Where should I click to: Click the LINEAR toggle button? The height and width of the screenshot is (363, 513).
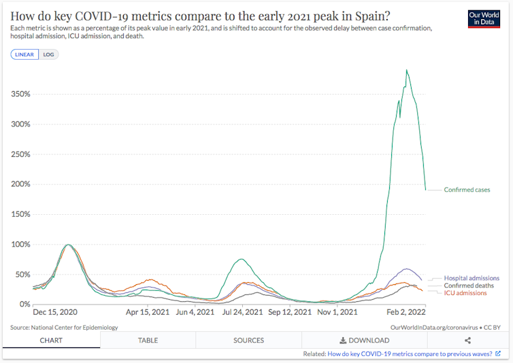coord(24,54)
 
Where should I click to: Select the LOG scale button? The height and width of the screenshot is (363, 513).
coord(48,54)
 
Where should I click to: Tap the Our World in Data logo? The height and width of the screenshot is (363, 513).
coord(484,19)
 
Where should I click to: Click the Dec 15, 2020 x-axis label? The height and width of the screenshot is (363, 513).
coord(56,313)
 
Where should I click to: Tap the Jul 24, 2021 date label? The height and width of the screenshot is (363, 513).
coord(242,313)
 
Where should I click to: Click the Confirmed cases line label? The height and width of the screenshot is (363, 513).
coord(467,190)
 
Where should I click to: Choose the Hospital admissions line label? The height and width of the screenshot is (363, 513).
coord(471,278)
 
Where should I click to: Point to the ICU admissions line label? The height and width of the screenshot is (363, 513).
coord(466,293)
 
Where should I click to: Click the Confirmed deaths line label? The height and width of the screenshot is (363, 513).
coord(469,286)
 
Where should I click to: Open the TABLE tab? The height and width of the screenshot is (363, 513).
coord(148,341)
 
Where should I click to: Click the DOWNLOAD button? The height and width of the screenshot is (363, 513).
coord(365,341)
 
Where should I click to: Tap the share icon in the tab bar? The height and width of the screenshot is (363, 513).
coord(467,341)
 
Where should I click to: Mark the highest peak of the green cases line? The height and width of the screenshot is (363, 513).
coord(406,70)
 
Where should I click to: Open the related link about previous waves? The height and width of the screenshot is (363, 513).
coord(410,354)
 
